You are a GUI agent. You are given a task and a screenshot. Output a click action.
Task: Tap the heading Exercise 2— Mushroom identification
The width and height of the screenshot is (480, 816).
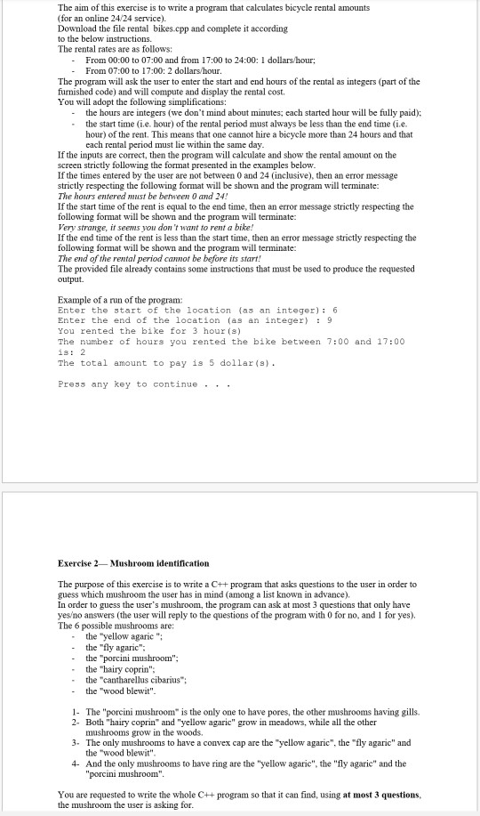pyautogui.click(x=133, y=563)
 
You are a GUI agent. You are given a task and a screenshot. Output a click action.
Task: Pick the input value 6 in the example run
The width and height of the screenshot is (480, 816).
pyautogui.click(x=334, y=311)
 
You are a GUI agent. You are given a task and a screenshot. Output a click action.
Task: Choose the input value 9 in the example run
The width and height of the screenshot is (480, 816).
pyautogui.click(x=329, y=320)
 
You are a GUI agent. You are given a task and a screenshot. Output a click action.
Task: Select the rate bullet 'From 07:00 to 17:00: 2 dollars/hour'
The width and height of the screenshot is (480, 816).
pyautogui.click(x=164, y=70)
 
